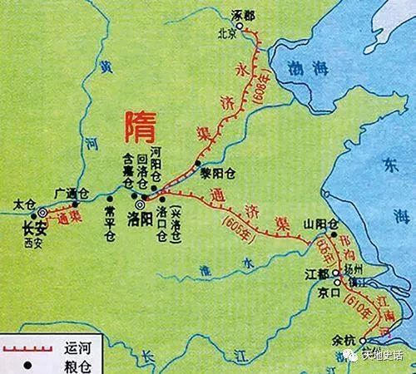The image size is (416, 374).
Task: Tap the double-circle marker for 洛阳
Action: point(140,202)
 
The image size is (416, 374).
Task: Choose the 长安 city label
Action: point(33,226)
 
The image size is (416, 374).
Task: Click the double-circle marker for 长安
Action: point(33,211)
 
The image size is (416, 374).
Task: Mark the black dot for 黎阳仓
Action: point(197,161)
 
